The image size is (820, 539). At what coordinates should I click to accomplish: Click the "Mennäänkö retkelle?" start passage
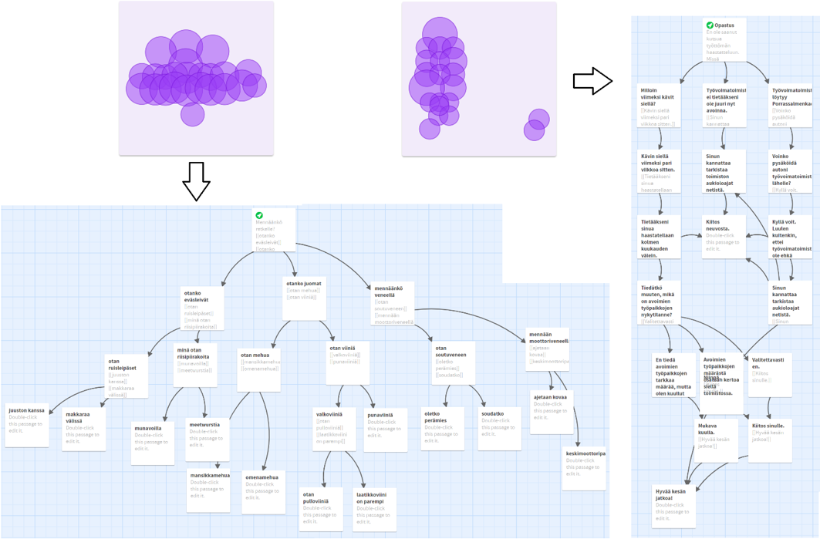(x=275, y=230)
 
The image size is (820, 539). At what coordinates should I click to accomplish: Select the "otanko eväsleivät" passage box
(x=202, y=308)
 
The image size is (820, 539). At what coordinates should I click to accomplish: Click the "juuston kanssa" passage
(x=27, y=425)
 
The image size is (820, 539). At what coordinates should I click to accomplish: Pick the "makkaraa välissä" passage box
(x=84, y=429)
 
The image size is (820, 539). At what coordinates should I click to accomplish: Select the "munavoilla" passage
(x=152, y=443)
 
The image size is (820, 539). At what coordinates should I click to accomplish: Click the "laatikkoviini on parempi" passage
(x=375, y=508)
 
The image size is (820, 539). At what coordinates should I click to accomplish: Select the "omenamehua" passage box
(x=263, y=492)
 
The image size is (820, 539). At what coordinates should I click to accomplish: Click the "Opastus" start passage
(x=724, y=39)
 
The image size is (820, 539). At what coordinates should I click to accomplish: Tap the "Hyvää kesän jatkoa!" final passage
(x=673, y=505)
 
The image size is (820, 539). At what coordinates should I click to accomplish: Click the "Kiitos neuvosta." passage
(x=724, y=236)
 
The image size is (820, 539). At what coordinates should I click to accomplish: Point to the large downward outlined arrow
(x=196, y=181)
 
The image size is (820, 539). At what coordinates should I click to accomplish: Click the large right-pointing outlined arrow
(x=592, y=80)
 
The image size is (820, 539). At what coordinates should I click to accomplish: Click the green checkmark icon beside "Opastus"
(x=710, y=25)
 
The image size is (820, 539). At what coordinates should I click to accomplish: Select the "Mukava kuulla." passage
(x=716, y=440)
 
